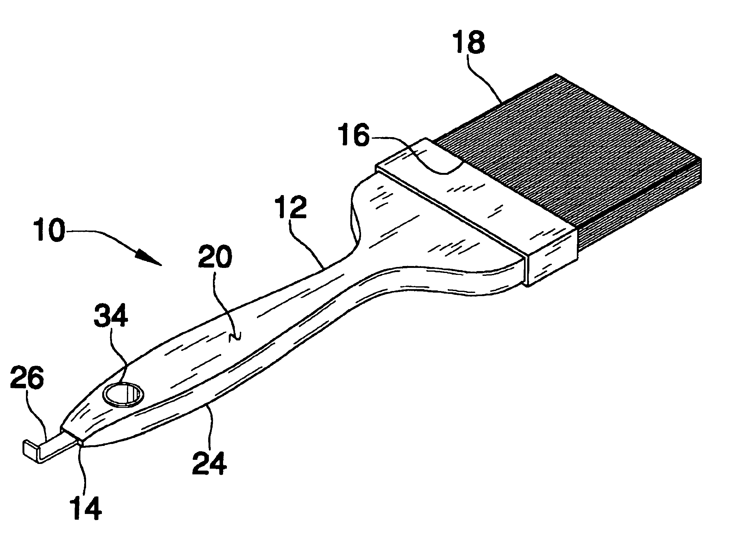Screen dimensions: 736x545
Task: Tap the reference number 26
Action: (27, 377)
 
